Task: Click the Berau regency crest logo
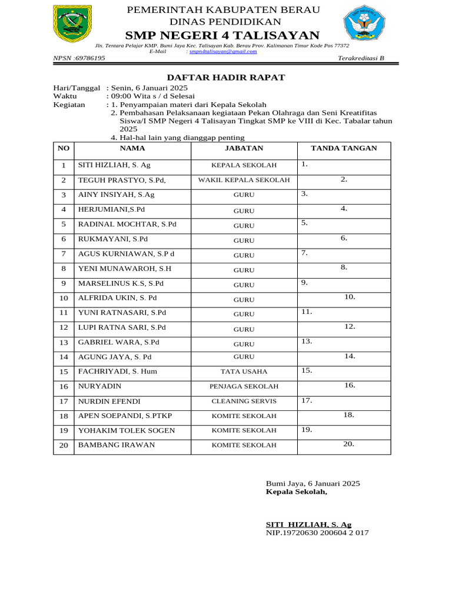72,24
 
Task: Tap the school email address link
223,52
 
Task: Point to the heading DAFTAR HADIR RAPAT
226,78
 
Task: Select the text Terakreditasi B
361,58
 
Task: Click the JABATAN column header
244,149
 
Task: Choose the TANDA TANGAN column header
344,149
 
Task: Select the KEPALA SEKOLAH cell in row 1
244,165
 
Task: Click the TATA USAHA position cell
244,372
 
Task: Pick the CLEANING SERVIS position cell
244,402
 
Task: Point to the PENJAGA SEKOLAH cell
244,387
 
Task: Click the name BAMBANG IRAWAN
117,445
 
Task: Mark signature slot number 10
350,297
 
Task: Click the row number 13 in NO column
64,342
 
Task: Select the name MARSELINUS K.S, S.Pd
121,283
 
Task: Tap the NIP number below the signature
317,533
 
